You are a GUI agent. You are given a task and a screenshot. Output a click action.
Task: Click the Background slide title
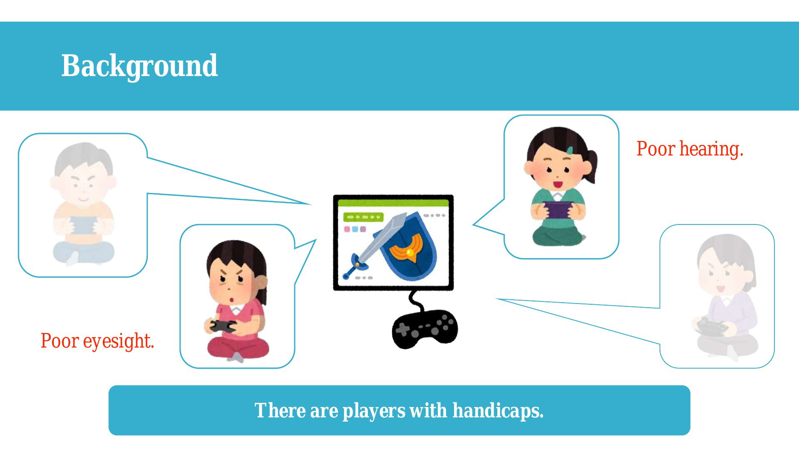139,66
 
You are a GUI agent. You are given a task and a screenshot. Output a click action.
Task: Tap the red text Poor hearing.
690,149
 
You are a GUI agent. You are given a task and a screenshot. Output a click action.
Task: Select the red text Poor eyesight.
97,341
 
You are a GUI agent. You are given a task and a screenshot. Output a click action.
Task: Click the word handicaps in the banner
498,411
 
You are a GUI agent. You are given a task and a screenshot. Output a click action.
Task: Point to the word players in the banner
373,411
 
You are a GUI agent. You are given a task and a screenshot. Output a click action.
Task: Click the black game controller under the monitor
424,328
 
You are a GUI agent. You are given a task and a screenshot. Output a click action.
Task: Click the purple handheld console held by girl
558,210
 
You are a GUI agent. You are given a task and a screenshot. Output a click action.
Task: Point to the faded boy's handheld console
82,226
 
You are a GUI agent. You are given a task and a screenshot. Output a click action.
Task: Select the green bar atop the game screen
393,203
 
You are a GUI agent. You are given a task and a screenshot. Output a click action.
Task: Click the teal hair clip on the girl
570,150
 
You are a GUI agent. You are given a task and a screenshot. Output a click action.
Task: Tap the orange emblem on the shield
407,248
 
